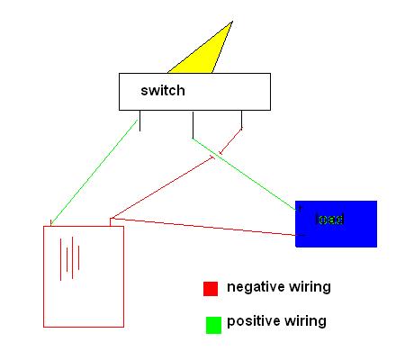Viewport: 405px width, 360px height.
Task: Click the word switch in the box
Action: [x=162, y=92]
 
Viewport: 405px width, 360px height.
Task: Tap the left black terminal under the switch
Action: [x=139, y=119]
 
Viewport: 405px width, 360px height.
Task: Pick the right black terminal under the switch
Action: [x=241, y=119]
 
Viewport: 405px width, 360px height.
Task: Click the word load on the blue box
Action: [x=330, y=220]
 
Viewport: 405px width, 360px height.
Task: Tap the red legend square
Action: [x=211, y=288]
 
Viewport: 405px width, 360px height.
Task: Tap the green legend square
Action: [x=212, y=325]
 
